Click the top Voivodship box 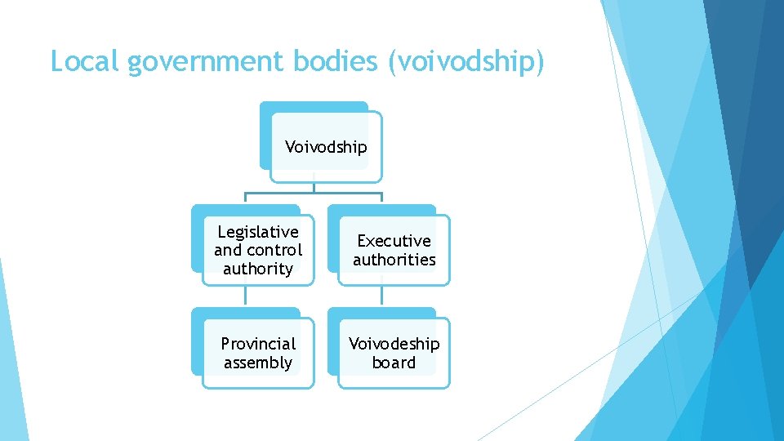pyautogui.click(x=326, y=147)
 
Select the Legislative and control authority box pyautogui.click(x=258, y=250)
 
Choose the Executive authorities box pyautogui.click(x=394, y=250)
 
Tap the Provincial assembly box pyautogui.click(x=258, y=353)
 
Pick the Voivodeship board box pyautogui.click(x=394, y=353)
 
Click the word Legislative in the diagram pyautogui.click(x=258, y=232)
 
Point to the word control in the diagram pyautogui.click(x=274, y=250)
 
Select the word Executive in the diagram pyautogui.click(x=394, y=241)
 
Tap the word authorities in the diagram pyautogui.click(x=394, y=260)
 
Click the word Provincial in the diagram pyautogui.click(x=258, y=344)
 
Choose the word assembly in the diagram pyautogui.click(x=258, y=363)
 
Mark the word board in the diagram pyautogui.click(x=394, y=363)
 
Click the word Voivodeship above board pyautogui.click(x=394, y=344)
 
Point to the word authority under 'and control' pyautogui.click(x=258, y=269)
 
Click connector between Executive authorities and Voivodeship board pyautogui.click(x=381, y=296)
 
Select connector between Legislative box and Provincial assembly pyautogui.click(x=245, y=296)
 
